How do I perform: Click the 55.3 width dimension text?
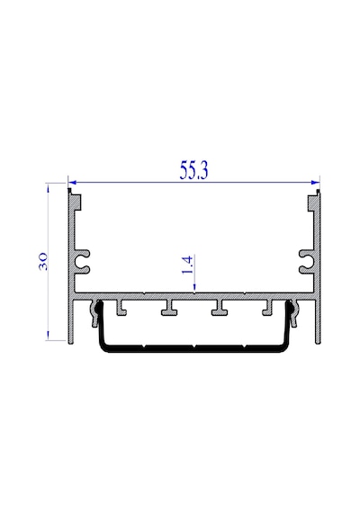click(x=193, y=170)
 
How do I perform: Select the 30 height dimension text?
click(x=43, y=261)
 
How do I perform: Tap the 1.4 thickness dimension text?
click(x=187, y=265)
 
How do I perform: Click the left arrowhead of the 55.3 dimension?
click(x=72, y=182)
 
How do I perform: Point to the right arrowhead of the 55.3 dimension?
click(x=316, y=182)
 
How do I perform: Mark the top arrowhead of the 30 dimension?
click(x=48, y=188)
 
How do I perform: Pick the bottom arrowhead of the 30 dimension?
click(x=48, y=336)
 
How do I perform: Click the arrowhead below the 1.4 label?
click(x=194, y=287)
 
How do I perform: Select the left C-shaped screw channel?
click(x=82, y=261)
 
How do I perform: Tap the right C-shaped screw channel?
click(x=306, y=261)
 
